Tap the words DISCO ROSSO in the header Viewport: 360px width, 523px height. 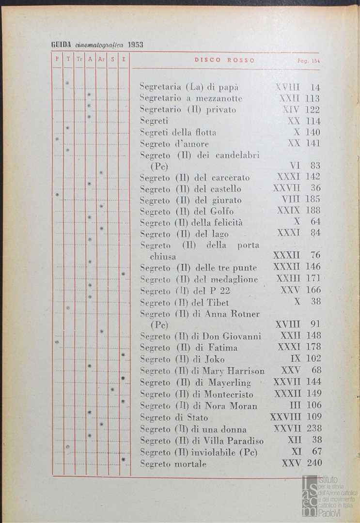click(224, 61)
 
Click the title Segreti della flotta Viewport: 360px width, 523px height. click(178, 132)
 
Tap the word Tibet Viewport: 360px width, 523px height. click(218, 303)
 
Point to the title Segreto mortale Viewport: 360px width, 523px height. click(173, 464)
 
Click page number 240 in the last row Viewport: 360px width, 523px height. click(314, 463)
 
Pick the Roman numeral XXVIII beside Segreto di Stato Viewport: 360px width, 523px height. click(285, 417)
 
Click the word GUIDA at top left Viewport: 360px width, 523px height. click(62, 45)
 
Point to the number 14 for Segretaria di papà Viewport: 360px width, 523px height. click(315, 88)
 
